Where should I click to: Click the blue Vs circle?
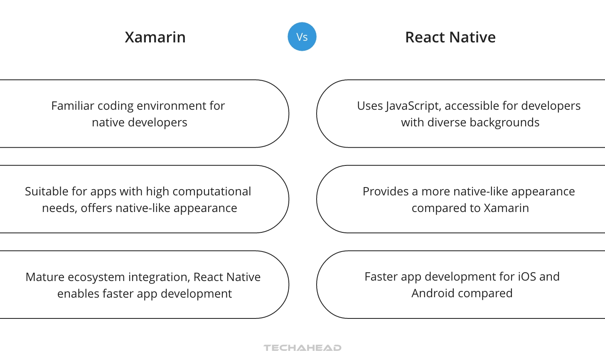pyautogui.click(x=302, y=37)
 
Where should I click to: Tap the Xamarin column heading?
pyautogui.click(x=155, y=37)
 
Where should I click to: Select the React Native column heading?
pyautogui.click(x=450, y=37)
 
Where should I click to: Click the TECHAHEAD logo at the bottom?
pyautogui.click(x=302, y=348)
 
